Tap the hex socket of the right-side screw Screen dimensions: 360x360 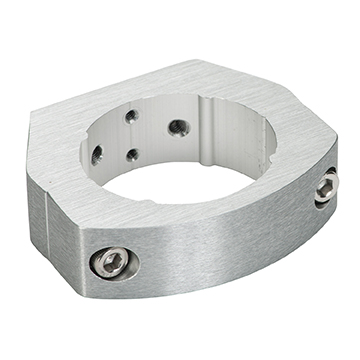click(x=328, y=186)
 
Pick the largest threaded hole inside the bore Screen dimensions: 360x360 click(x=177, y=127)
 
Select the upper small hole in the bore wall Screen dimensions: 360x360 click(x=132, y=116)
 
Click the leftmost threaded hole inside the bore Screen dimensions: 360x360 click(x=97, y=154)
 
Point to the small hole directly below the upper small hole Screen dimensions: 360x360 click(x=132, y=155)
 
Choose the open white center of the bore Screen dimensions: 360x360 click(x=185, y=180)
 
